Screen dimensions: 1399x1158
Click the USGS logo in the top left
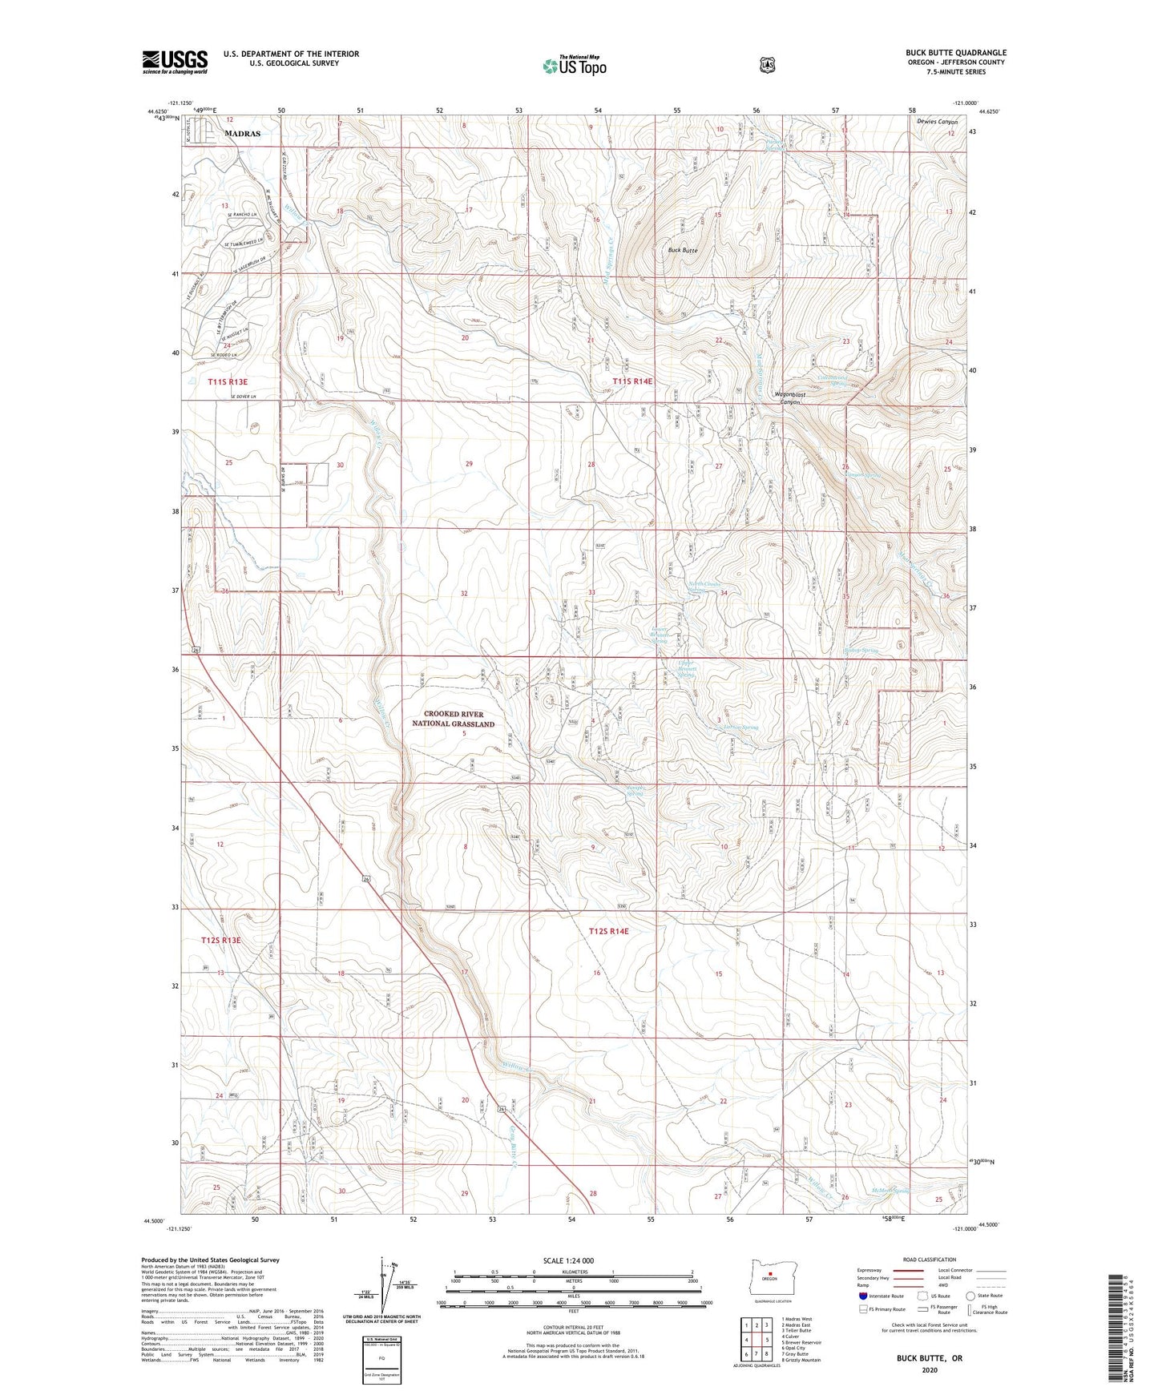(x=175, y=62)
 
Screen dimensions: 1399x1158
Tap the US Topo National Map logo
(x=574, y=66)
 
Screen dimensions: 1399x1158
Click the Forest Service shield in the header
(x=768, y=65)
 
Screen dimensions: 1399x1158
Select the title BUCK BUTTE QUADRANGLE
(x=955, y=53)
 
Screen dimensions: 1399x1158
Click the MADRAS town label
(x=242, y=134)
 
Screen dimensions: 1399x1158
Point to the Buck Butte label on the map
(x=683, y=250)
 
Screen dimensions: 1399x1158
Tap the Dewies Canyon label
(x=937, y=122)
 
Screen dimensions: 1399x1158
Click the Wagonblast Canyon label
(x=789, y=398)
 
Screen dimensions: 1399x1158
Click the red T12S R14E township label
(x=609, y=931)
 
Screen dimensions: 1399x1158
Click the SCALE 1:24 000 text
(x=568, y=1260)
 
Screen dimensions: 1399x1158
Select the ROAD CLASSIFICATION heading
(x=929, y=1260)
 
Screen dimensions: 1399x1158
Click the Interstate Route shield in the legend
(x=863, y=1296)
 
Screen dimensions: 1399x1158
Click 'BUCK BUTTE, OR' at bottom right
(x=929, y=1358)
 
